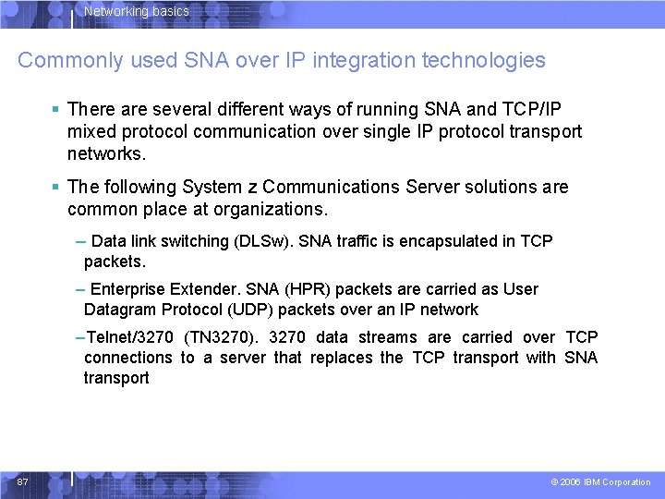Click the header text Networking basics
137,12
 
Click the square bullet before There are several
57,109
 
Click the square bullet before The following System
57,187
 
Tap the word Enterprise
130,289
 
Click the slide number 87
23,481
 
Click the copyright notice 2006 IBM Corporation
605,482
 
